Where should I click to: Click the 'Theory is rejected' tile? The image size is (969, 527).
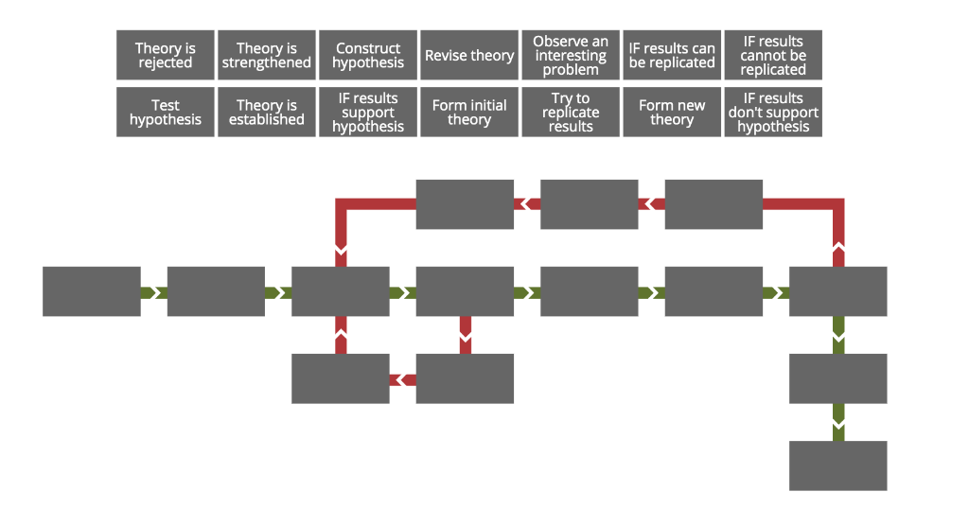coord(165,55)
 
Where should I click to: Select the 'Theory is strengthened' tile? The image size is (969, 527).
coord(266,55)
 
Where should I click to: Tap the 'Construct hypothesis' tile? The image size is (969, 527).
coord(368,55)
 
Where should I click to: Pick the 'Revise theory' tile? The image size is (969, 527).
coord(469,55)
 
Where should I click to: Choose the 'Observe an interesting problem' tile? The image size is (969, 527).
coord(571,55)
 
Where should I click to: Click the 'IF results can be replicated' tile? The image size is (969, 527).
coord(672,55)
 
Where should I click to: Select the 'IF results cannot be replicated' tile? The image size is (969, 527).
coord(773,55)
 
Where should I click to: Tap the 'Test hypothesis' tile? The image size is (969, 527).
coord(165,112)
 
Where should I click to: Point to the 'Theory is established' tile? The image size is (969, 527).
coord(266,112)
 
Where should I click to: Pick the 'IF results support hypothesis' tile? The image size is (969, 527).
coord(368,112)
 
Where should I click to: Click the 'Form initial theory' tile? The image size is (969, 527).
coord(469,112)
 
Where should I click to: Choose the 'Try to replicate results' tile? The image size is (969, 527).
coord(571,112)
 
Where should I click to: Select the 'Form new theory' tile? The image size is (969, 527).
coord(672,112)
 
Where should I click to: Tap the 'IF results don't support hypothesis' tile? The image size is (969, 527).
coord(773,112)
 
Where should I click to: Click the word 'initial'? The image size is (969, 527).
coord(488,105)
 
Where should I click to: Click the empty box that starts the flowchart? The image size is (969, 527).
coord(92,291)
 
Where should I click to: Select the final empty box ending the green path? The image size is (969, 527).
coord(837,466)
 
